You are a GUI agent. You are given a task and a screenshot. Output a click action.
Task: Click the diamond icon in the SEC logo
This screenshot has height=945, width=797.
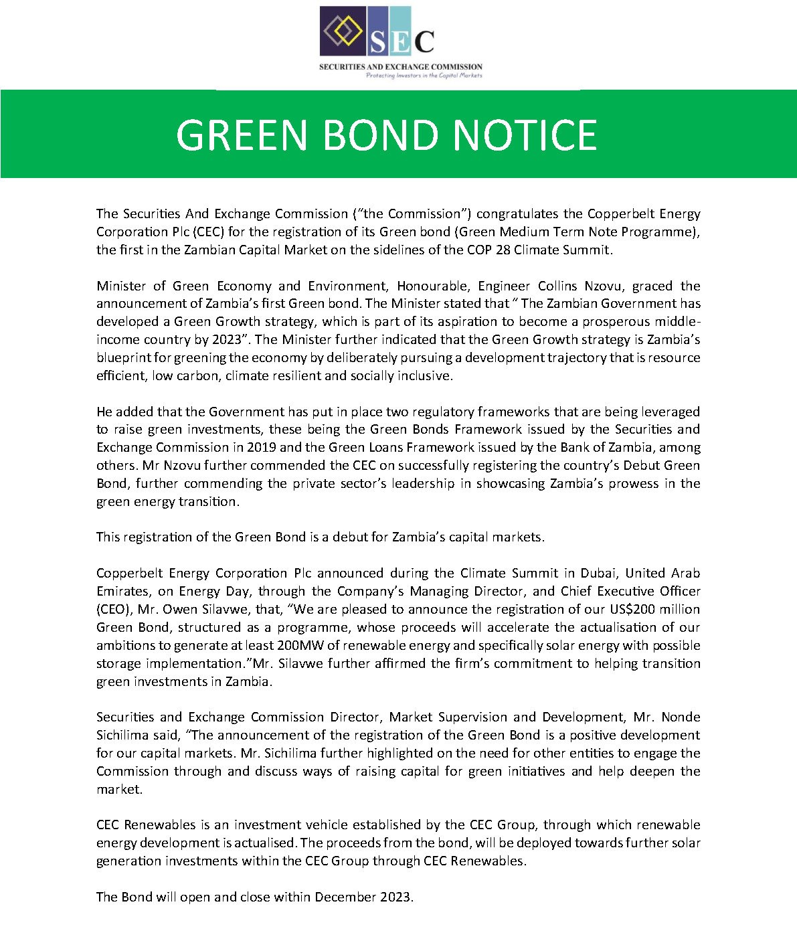[343, 30]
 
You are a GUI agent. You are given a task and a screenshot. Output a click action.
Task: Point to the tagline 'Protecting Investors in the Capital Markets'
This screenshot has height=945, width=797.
[424, 76]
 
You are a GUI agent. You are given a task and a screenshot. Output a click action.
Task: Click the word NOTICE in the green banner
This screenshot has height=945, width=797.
[525, 135]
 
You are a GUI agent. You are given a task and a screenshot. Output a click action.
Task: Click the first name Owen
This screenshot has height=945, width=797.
[181, 609]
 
